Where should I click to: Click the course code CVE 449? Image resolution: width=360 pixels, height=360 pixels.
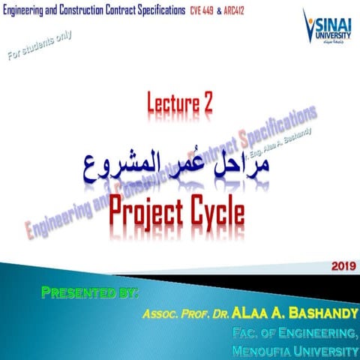click(203, 12)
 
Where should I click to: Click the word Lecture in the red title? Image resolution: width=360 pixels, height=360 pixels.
click(169, 106)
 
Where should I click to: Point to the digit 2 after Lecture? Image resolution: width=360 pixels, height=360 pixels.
click(207, 106)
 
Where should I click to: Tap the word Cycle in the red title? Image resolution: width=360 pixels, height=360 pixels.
click(217, 211)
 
